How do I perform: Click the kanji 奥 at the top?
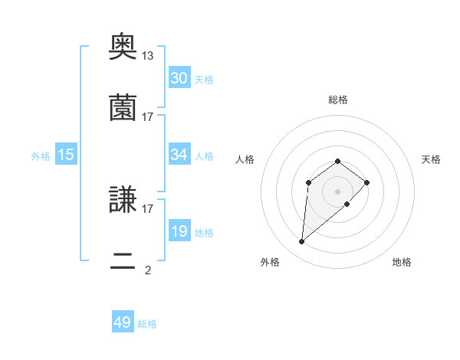[x=123, y=48]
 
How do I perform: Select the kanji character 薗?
[x=123, y=108]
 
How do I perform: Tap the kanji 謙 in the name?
[x=123, y=201]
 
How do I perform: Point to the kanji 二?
[x=123, y=263]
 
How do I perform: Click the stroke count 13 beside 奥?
[x=148, y=56]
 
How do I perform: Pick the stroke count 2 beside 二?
[x=148, y=270]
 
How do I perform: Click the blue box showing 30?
[x=179, y=77]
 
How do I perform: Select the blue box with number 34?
[x=179, y=155]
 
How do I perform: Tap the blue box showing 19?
[x=179, y=231]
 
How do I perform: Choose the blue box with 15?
[x=66, y=155]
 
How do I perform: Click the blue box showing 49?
[x=123, y=322]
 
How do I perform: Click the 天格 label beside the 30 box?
[x=203, y=79]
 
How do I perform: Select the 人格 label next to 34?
[x=203, y=155]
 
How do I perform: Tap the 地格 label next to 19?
[x=203, y=232]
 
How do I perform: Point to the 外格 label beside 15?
[x=41, y=155]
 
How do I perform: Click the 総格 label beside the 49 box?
[x=147, y=324]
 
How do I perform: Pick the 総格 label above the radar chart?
[x=337, y=100]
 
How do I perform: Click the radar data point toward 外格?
[x=302, y=242]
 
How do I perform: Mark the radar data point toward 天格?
[x=367, y=182]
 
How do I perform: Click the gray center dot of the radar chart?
[x=337, y=191]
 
